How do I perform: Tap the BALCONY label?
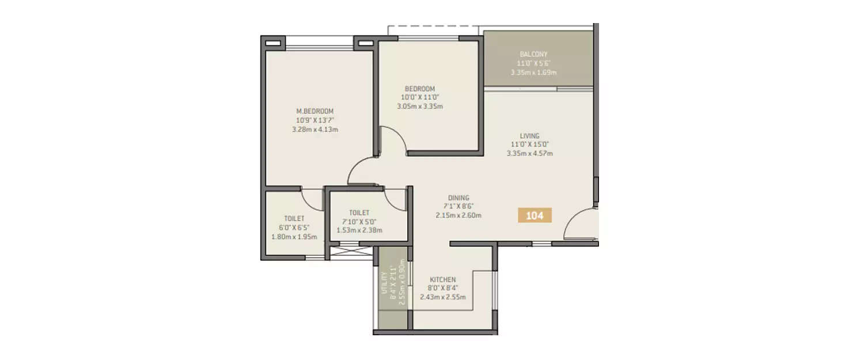(x=533, y=54)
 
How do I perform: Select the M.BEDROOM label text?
(x=314, y=111)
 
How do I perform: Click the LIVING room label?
(x=529, y=136)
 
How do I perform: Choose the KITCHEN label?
(x=442, y=280)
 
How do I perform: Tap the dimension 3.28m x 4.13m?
(x=314, y=130)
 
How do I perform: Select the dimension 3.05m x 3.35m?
(x=419, y=106)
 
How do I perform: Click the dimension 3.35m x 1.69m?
(x=533, y=73)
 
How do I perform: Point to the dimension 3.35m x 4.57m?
(x=529, y=153)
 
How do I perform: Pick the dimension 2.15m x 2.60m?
(x=458, y=215)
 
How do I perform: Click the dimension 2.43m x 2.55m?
(x=442, y=297)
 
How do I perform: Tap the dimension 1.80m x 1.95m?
(x=294, y=237)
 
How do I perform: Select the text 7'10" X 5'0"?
(x=359, y=222)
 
